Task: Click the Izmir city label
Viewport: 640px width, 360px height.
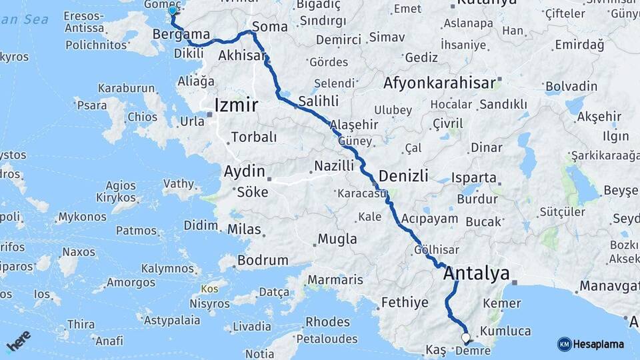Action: coord(236,105)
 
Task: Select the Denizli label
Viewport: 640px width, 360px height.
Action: coord(403,176)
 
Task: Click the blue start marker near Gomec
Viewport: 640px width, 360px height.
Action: coord(173,10)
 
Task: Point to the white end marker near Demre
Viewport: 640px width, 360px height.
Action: coord(465,338)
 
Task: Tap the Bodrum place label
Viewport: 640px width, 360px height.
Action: coord(263,260)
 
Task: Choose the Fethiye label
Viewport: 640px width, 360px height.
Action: coord(405,303)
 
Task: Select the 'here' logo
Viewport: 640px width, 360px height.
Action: coord(19,341)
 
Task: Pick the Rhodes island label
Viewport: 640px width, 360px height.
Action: coord(327,322)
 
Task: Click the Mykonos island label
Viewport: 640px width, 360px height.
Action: coord(82,217)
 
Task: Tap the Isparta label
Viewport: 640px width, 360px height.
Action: coord(473,178)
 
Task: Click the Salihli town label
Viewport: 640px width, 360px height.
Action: coord(318,101)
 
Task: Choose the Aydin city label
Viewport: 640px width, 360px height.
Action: coord(244,171)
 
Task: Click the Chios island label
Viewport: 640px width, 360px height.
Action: coord(143,117)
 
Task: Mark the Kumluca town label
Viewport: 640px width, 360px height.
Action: coord(505,331)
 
